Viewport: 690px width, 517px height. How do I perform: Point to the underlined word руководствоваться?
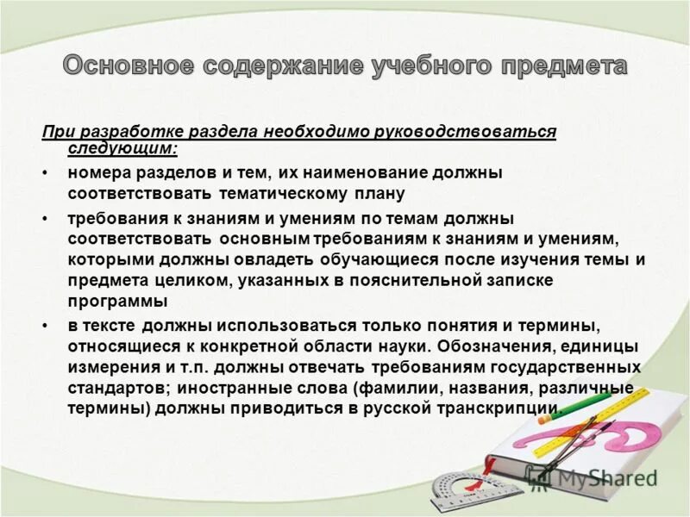click(474, 131)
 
